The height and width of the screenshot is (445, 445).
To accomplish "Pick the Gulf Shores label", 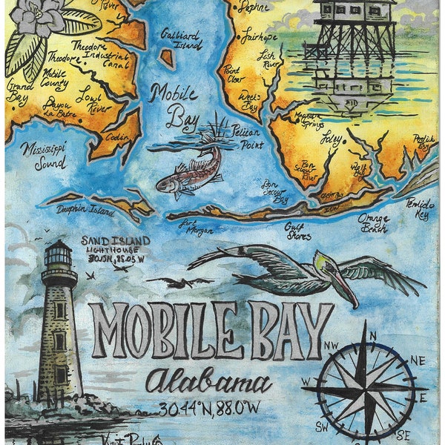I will (300, 228).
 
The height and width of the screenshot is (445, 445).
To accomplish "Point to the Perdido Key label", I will (421, 208).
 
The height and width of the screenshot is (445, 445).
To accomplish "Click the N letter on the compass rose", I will (372, 335).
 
